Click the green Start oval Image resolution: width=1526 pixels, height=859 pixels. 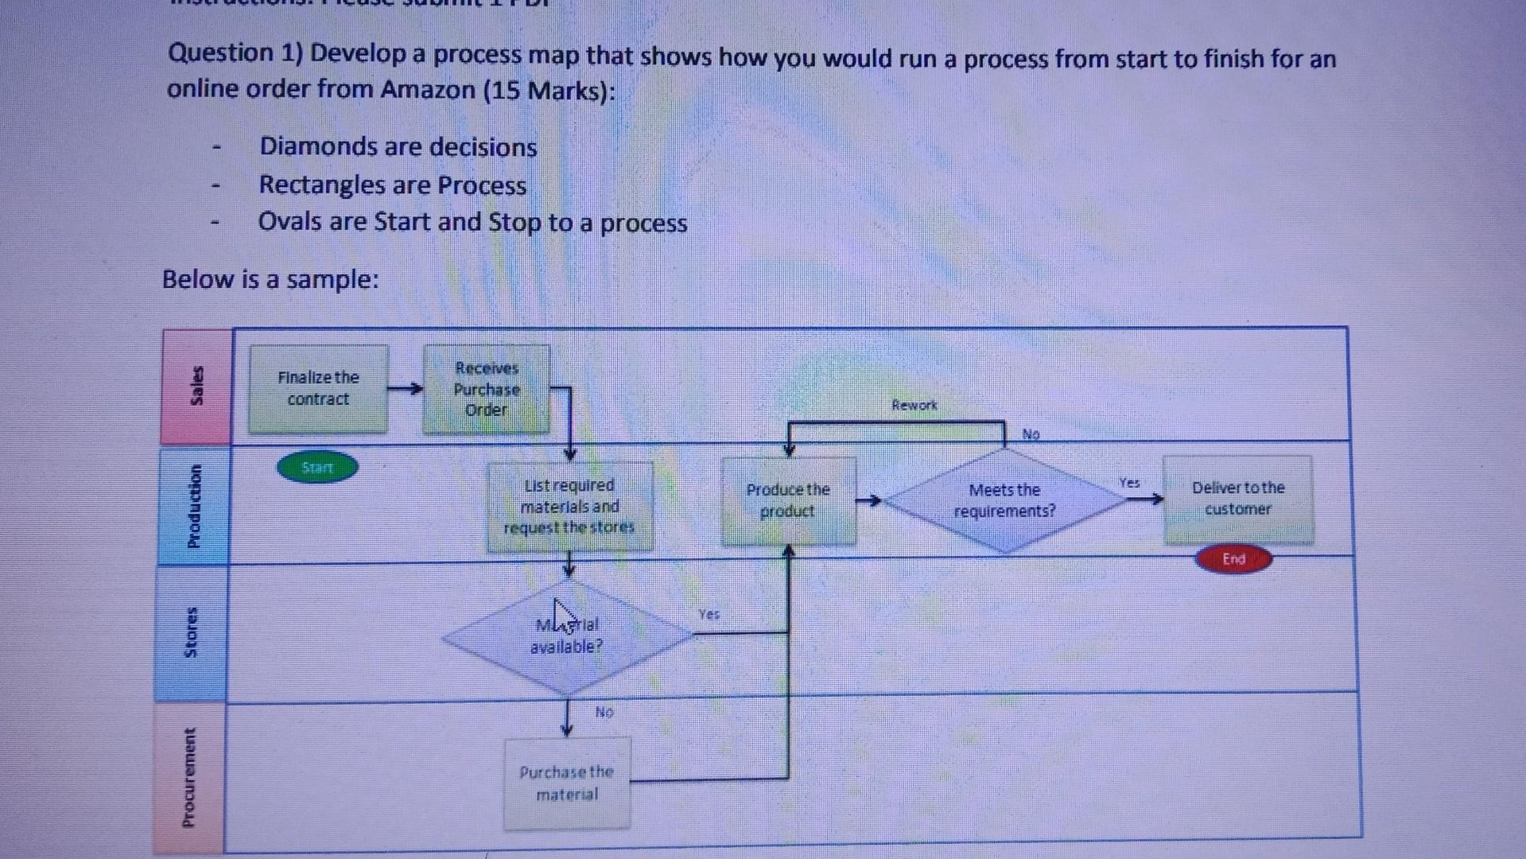(x=317, y=468)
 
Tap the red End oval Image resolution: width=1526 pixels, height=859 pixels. (x=1233, y=559)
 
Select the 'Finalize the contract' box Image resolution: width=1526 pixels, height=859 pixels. (x=318, y=389)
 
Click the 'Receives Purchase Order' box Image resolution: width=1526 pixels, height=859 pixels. (x=486, y=389)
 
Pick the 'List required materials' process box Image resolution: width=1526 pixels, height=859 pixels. (x=569, y=507)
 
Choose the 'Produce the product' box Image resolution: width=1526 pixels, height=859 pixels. (x=788, y=501)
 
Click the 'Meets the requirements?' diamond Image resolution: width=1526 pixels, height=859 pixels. (x=1004, y=501)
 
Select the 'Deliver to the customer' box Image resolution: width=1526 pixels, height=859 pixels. (x=1238, y=499)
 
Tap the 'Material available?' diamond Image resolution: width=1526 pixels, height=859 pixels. (x=566, y=636)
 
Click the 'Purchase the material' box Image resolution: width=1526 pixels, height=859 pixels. (x=567, y=783)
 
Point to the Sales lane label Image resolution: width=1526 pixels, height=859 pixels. (x=196, y=386)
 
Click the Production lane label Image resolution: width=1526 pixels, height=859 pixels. (x=193, y=506)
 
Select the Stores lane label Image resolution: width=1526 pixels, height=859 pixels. (x=191, y=632)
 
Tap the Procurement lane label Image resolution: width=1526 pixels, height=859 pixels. (x=188, y=777)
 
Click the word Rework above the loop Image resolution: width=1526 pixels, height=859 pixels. (x=914, y=406)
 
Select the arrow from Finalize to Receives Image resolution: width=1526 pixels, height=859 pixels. (x=406, y=389)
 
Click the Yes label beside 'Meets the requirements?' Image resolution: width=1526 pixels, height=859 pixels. (x=1129, y=483)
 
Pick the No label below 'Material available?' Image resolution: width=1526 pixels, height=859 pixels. (x=604, y=712)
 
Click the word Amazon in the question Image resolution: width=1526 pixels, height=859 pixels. (x=428, y=90)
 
